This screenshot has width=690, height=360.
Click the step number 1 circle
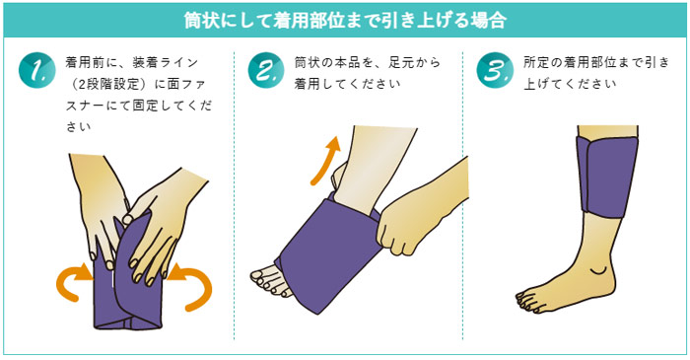click(35, 70)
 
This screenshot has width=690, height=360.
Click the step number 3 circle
click(493, 70)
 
